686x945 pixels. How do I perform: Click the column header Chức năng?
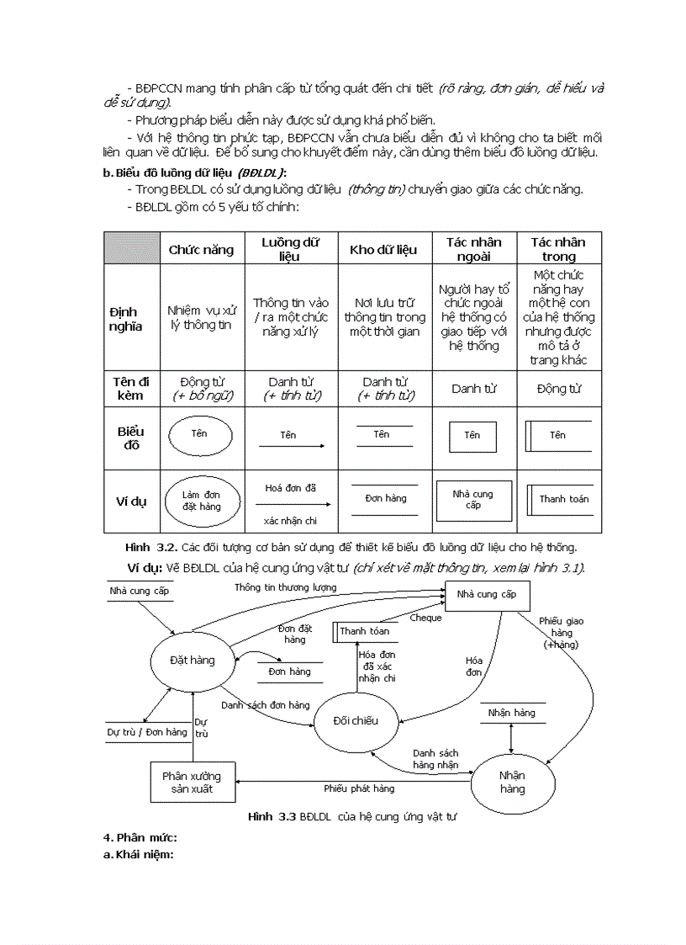[x=201, y=249]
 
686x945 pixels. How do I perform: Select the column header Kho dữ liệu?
[x=383, y=249]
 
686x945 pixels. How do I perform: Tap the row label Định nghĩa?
[x=126, y=318]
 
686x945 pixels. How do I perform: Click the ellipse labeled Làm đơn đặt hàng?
[x=201, y=501]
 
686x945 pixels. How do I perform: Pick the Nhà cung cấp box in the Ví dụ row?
[x=472, y=500]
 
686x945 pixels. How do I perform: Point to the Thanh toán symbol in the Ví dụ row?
[x=560, y=499]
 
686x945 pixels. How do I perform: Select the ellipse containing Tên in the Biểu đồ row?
[x=200, y=434]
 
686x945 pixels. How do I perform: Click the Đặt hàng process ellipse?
[x=192, y=661]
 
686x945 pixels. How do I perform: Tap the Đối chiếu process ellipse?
[x=356, y=721]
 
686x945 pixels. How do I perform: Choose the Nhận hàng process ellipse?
[x=512, y=782]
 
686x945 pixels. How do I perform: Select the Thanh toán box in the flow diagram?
[x=365, y=631]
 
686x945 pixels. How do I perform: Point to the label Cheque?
[x=425, y=618]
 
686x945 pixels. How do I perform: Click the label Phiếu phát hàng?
[x=359, y=788]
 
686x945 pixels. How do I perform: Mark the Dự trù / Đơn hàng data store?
[x=146, y=732]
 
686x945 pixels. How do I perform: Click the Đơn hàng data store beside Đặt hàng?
[x=289, y=672]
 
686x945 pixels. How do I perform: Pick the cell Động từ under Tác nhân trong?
[x=558, y=389]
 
